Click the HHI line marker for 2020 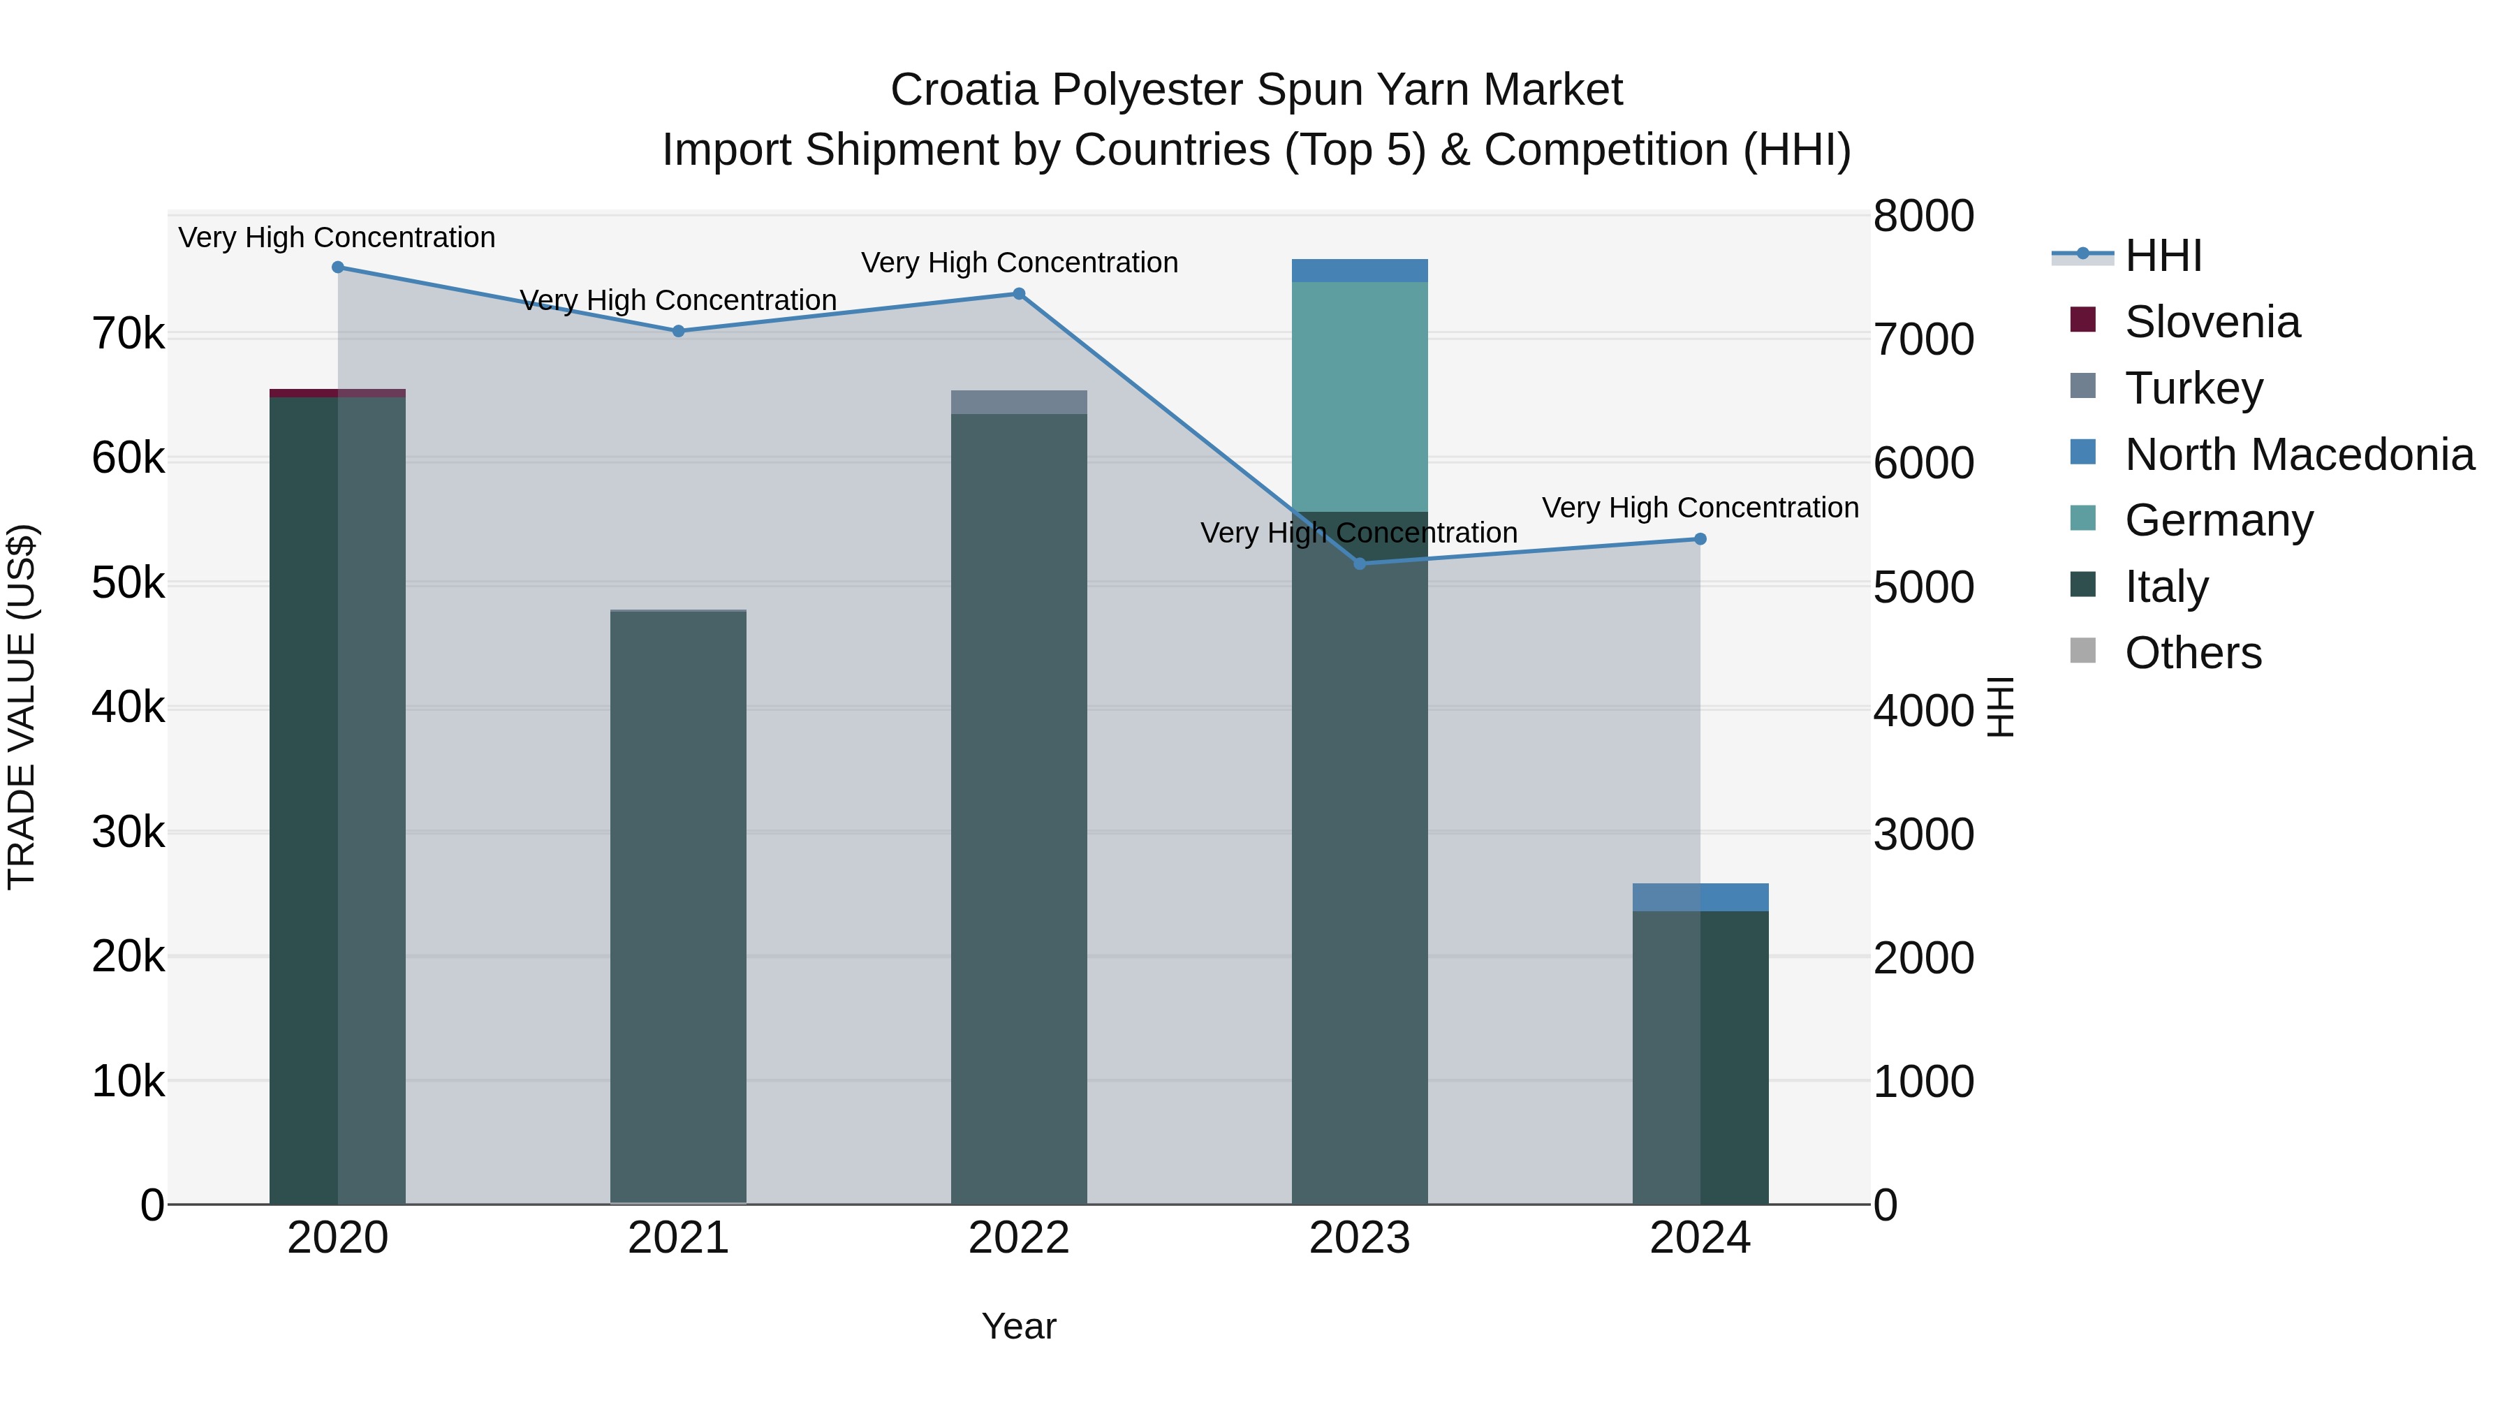point(338,267)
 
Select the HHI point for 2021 point(678,331)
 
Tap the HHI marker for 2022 point(1019,294)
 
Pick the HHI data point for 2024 point(1700,538)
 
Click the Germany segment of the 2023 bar point(1360,396)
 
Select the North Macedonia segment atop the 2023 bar point(1360,270)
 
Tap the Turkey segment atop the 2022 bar point(1019,402)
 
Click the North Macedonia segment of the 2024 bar point(1700,897)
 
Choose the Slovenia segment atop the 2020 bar point(338,393)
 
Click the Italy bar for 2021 point(678,908)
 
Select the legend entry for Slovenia point(2212,322)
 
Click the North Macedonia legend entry point(2298,455)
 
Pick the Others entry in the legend point(2192,653)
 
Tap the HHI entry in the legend point(2163,256)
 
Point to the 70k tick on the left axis point(128,334)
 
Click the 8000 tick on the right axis point(1923,216)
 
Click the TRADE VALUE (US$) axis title point(22,707)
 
